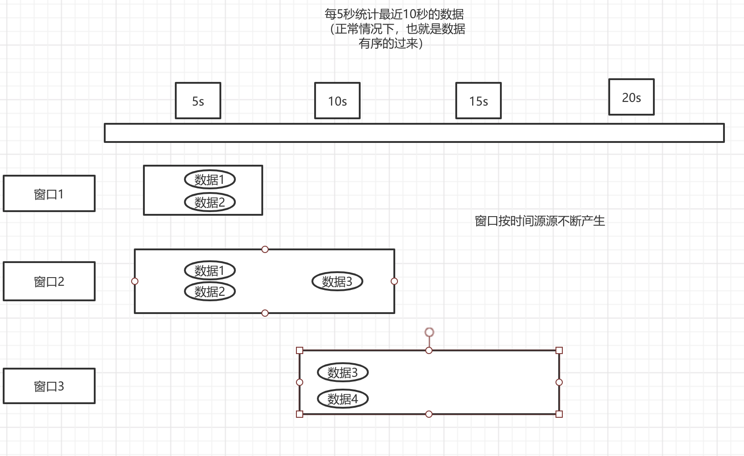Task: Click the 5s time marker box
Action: click(x=198, y=101)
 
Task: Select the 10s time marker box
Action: click(x=337, y=101)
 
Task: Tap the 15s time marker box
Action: click(x=479, y=101)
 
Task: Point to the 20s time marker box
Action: click(x=632, y=97)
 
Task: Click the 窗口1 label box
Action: click(x=49, y=193)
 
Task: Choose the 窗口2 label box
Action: click(x=49, y=281)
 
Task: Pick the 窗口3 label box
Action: click(x=49, y=386)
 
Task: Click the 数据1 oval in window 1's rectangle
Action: click(x=210, y=179)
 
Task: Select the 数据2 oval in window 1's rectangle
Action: click(x=210, y=202)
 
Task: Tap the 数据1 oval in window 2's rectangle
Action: click(x=210, y=270)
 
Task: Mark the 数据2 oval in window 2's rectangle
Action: click(x=210, y=291)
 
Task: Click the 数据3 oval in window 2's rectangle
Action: click(x=337, y=281)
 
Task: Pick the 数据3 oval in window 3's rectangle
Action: click(x=343, y=372)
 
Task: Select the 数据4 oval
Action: click(x=343, y=399)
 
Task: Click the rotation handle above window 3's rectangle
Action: click(x=429, y=332)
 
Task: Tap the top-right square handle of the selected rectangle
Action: click(x=559, y=350)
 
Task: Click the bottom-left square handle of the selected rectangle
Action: click(x=300, y=414)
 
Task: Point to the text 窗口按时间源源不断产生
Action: click(x=540, y=221)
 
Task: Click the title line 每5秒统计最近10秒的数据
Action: click(x=394, y=14)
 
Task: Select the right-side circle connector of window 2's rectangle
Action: click(x=394, y=281)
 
